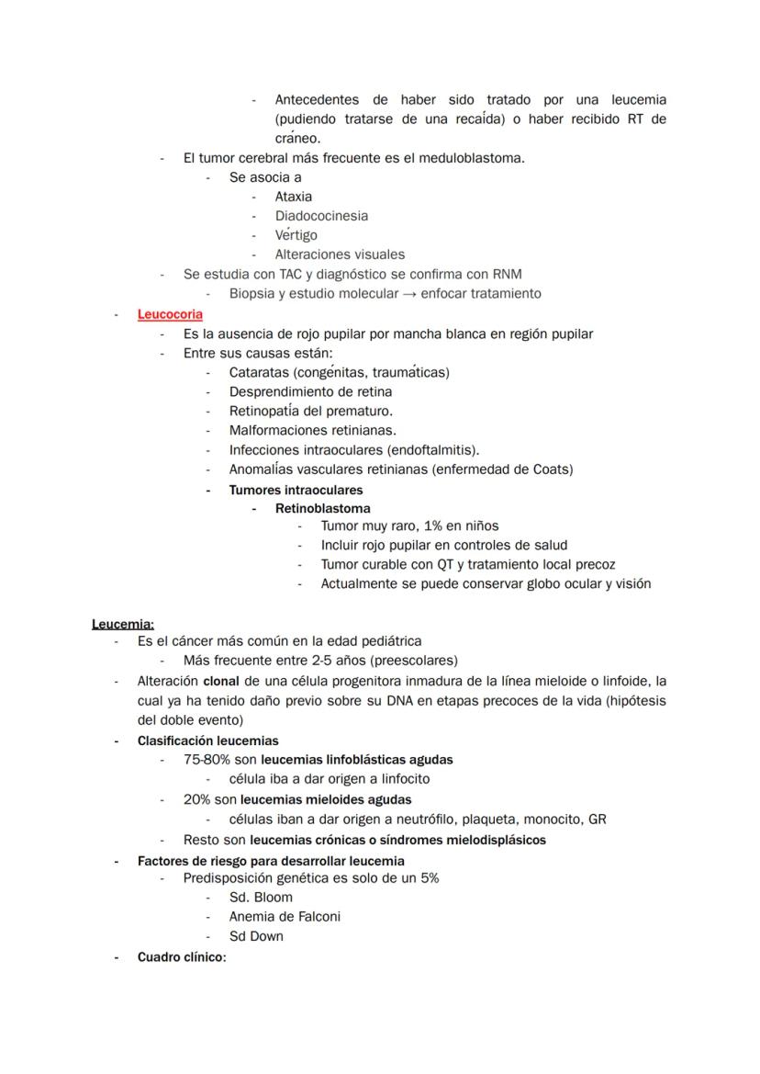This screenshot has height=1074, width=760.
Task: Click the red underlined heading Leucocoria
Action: point(170,314)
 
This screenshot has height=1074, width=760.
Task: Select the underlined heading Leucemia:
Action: point(123,624)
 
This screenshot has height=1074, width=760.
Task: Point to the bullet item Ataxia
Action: point(294,197)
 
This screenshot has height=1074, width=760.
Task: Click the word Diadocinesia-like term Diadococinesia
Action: point(321,216)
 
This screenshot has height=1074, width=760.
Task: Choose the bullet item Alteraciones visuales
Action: point(340,254)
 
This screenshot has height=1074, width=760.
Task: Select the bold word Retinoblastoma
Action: point(322,508)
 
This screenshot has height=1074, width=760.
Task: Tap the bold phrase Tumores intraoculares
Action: point(296,490)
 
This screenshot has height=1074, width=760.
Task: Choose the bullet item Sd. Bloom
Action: point(261,898)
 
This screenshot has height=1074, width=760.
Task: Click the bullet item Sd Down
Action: point(256,936)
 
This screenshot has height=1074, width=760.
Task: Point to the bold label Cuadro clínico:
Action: point(181,957)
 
